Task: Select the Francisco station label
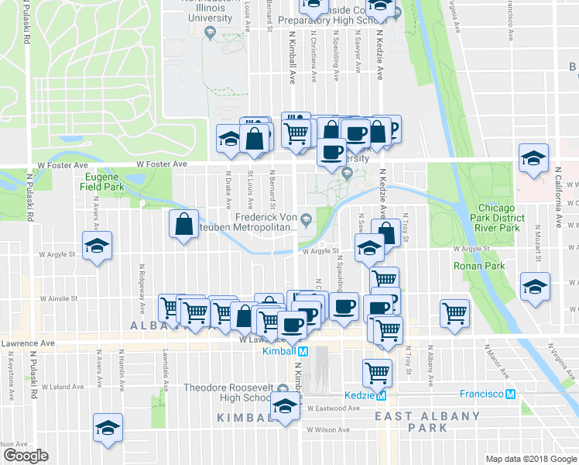tap(481, 394)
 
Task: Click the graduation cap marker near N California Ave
tap(533, 158)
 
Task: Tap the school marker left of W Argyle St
tap(97, 246)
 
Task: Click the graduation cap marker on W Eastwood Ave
tap(285, 406)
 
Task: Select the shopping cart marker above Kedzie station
tap(377, 373)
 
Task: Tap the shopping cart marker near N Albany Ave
tap(454, 313)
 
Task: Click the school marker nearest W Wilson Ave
tap(108, 427)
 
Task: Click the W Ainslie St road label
tap(60, 298)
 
